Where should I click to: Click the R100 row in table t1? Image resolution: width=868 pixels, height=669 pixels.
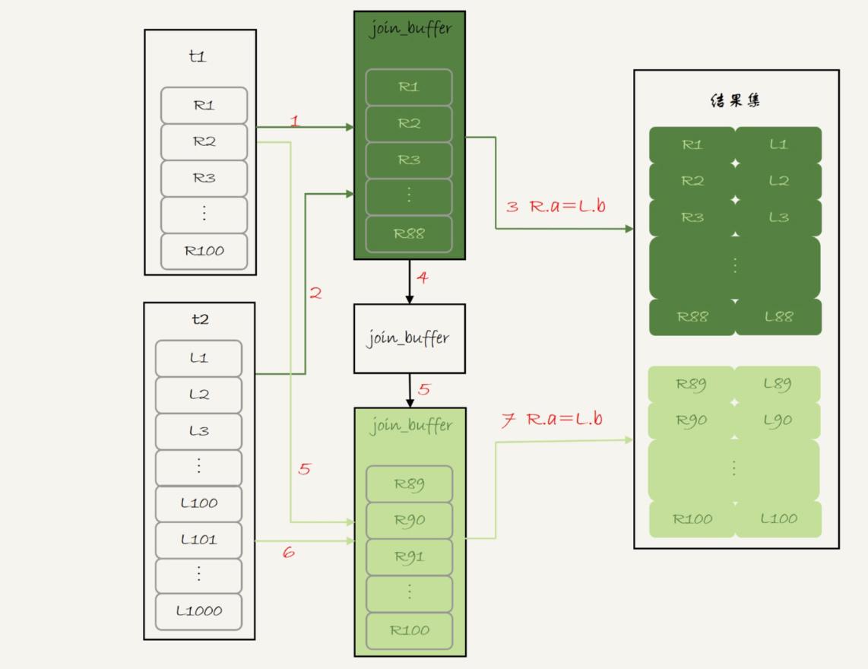[x=204, y=251]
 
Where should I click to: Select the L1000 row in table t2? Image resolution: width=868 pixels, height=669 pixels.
[x=198, y=611]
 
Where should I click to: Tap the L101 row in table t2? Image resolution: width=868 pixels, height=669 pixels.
[x=198, y=540]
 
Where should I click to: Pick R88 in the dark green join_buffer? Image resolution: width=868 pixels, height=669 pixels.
[x=409, y=234]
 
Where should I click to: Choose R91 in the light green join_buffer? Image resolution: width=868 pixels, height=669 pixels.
[x=409, y=557]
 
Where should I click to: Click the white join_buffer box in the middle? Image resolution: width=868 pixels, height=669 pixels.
[x=409, y=338]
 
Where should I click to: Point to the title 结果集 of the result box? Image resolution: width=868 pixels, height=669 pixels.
[x=736, y=101]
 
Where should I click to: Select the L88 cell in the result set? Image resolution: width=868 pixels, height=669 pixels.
[x=778, y=317]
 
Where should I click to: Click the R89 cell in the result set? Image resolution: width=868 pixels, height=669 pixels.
[x=692, y=385]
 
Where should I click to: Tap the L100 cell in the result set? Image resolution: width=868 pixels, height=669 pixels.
[x=778, y=519]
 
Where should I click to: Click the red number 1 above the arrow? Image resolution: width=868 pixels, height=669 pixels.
[x=295, y=120]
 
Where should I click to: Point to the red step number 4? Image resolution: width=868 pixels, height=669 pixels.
[x=423, y=277]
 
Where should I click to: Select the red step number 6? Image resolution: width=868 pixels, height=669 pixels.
[x=288, y=553]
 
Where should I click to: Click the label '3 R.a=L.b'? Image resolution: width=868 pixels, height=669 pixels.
[x=556, y=205]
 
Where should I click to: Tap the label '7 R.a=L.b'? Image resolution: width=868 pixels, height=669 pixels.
[x=552, y=420]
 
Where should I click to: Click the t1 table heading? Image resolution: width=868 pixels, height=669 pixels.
[x=198, y=57]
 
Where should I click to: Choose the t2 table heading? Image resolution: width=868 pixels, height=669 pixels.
[x=199, y=319]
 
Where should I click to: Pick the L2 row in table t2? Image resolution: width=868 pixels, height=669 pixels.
[x=198, y=395]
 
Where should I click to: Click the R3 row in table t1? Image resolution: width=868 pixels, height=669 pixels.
[x=204, y=178]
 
